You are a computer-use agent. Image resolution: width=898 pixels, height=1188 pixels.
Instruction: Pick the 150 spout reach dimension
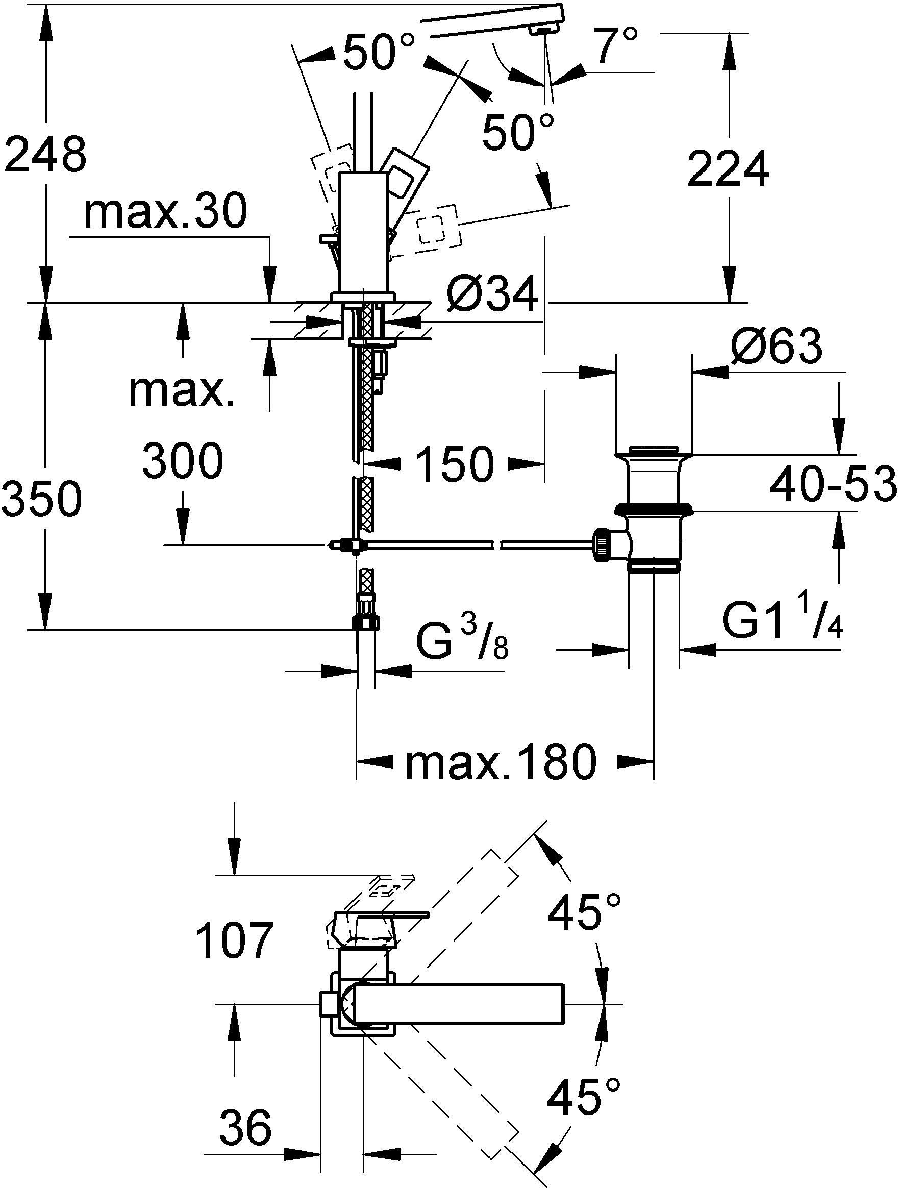pyautogui.click(x=455, y=463)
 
